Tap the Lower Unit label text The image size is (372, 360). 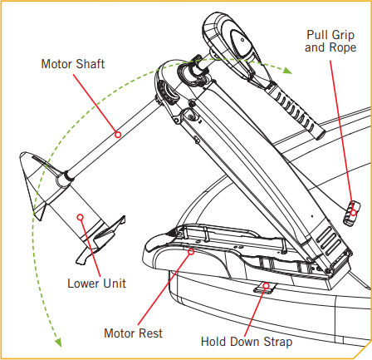96,283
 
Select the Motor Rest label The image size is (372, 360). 133,333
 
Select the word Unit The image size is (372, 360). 113,283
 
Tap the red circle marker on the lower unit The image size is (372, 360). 81,217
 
